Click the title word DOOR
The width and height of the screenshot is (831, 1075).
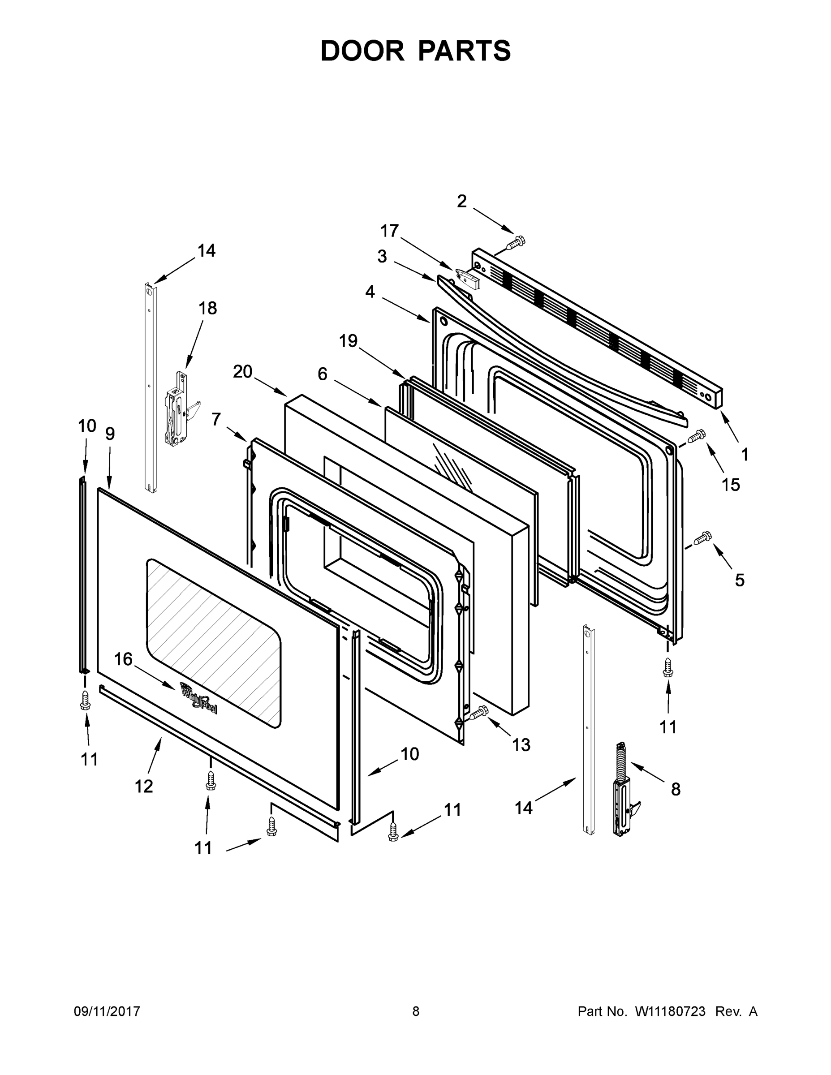[362, 51]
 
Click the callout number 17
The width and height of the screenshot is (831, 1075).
[389, 230]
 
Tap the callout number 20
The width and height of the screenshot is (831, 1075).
[242, 372]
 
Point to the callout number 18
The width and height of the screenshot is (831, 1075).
[207, 308]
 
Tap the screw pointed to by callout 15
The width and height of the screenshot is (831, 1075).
[698, 436]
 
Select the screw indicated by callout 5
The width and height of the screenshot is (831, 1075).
[703, 538]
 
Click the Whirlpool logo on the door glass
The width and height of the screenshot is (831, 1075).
[199, 697]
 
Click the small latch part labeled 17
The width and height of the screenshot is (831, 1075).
[468, 279]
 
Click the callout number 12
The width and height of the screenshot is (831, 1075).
[144, 787]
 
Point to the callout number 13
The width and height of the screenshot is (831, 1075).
[521, 745]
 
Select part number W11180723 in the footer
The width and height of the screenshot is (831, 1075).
[670, 1011]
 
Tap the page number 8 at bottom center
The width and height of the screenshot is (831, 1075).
[416, 1011]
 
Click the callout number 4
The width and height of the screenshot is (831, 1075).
[370, 292]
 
